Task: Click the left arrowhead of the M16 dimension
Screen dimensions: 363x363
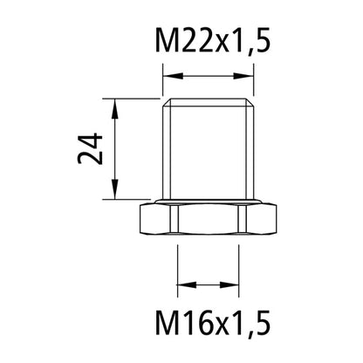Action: pyautogui.click(x=183, y=284)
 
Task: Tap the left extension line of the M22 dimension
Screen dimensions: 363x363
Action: pyautogui.click(x=163, y=83)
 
